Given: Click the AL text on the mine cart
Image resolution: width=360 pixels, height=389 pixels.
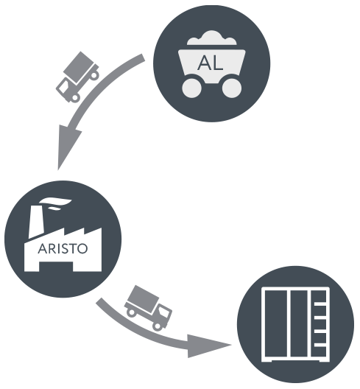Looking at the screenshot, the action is click(211, 63).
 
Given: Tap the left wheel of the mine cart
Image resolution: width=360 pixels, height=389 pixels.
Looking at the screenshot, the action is click(191, 88).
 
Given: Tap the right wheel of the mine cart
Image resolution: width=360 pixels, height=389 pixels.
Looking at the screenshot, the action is click(232, 88).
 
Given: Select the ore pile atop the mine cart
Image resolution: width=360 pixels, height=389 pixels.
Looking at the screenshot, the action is click(212, 38).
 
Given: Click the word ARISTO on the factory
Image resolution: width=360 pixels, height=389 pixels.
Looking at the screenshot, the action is click(63, 248).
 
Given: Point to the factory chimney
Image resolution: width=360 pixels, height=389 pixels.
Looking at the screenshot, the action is click(36, 221).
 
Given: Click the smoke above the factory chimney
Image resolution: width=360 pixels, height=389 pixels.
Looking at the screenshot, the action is click(55, 203).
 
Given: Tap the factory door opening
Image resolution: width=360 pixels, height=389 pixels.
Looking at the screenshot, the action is click(56, 267).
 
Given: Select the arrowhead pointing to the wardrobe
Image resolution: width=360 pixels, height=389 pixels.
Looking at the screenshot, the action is click(206, 346).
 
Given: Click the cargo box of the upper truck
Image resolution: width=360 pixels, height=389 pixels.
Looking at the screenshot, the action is click(80, 66).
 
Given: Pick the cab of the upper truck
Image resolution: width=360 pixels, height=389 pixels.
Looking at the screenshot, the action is click(65, 88).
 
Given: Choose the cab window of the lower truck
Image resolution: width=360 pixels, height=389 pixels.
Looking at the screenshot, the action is click(164, 312).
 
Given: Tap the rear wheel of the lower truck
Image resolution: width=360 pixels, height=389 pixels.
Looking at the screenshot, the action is click(131, 312).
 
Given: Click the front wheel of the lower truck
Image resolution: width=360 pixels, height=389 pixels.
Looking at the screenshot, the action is click(158, 326).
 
